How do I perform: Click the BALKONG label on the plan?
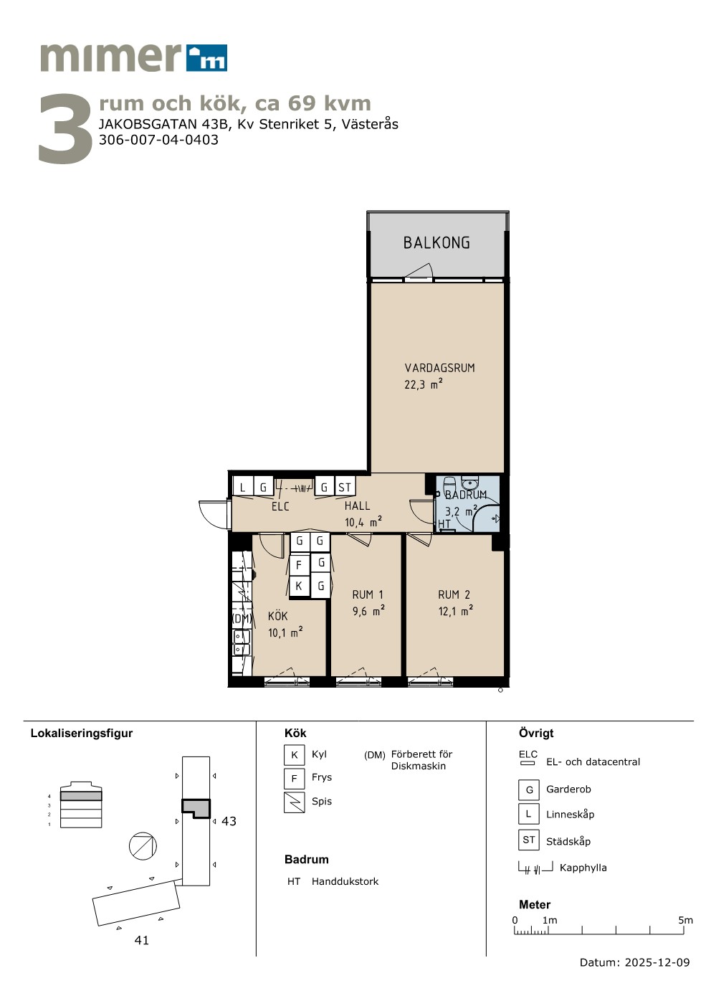(x=436, y=243)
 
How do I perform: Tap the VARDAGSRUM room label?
(x=439, y=368)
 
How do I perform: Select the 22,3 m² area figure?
(x=424, y=384)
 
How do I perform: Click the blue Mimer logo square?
(x=207, y=58)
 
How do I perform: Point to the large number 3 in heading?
(x=65, y=129)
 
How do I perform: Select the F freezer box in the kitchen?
(x=299, y=565)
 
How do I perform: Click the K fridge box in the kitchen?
(x=299, y=586)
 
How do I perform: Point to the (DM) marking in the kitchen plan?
(x=242, y=618)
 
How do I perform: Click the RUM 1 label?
(x=368, y=594)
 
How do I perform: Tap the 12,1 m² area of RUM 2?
(x=456, y=611)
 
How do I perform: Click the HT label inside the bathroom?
(x=444, y=523)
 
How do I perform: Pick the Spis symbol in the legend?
(x=295, y=802)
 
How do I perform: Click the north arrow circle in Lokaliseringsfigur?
(x=143, y=846)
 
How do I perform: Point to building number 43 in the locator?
(x=229, y=822)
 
